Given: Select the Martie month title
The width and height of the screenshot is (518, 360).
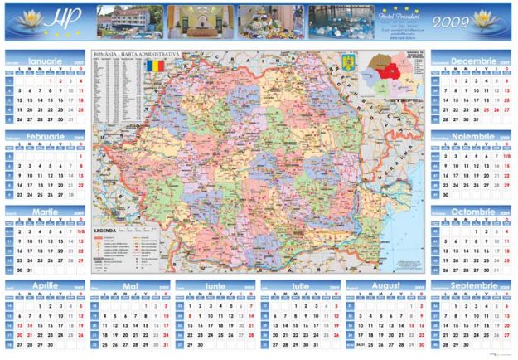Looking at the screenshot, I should pyautogui.click(x=45, y=212).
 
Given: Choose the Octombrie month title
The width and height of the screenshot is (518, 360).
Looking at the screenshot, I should pyautogui.click(x=472, y=212).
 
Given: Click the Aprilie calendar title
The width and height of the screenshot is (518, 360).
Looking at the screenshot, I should pyautogui.click(x=45, y=286).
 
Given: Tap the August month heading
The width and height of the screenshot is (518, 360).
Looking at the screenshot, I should pyautogui.click(x=386, y=286).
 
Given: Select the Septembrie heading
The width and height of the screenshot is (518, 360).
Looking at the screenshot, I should pyautogui.click(x=472, y=286).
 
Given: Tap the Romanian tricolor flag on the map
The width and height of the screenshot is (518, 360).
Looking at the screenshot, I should pyautogui.click(x=156, y=64).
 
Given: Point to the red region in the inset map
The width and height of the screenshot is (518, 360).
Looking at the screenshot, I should pyautogui.click(x=385, y=71).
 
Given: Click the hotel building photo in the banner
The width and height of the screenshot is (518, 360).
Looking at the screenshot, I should pyautogui.click(x=128, y=22).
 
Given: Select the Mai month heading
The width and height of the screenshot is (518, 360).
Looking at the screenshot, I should pyautogui.click(x=130, y=286).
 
